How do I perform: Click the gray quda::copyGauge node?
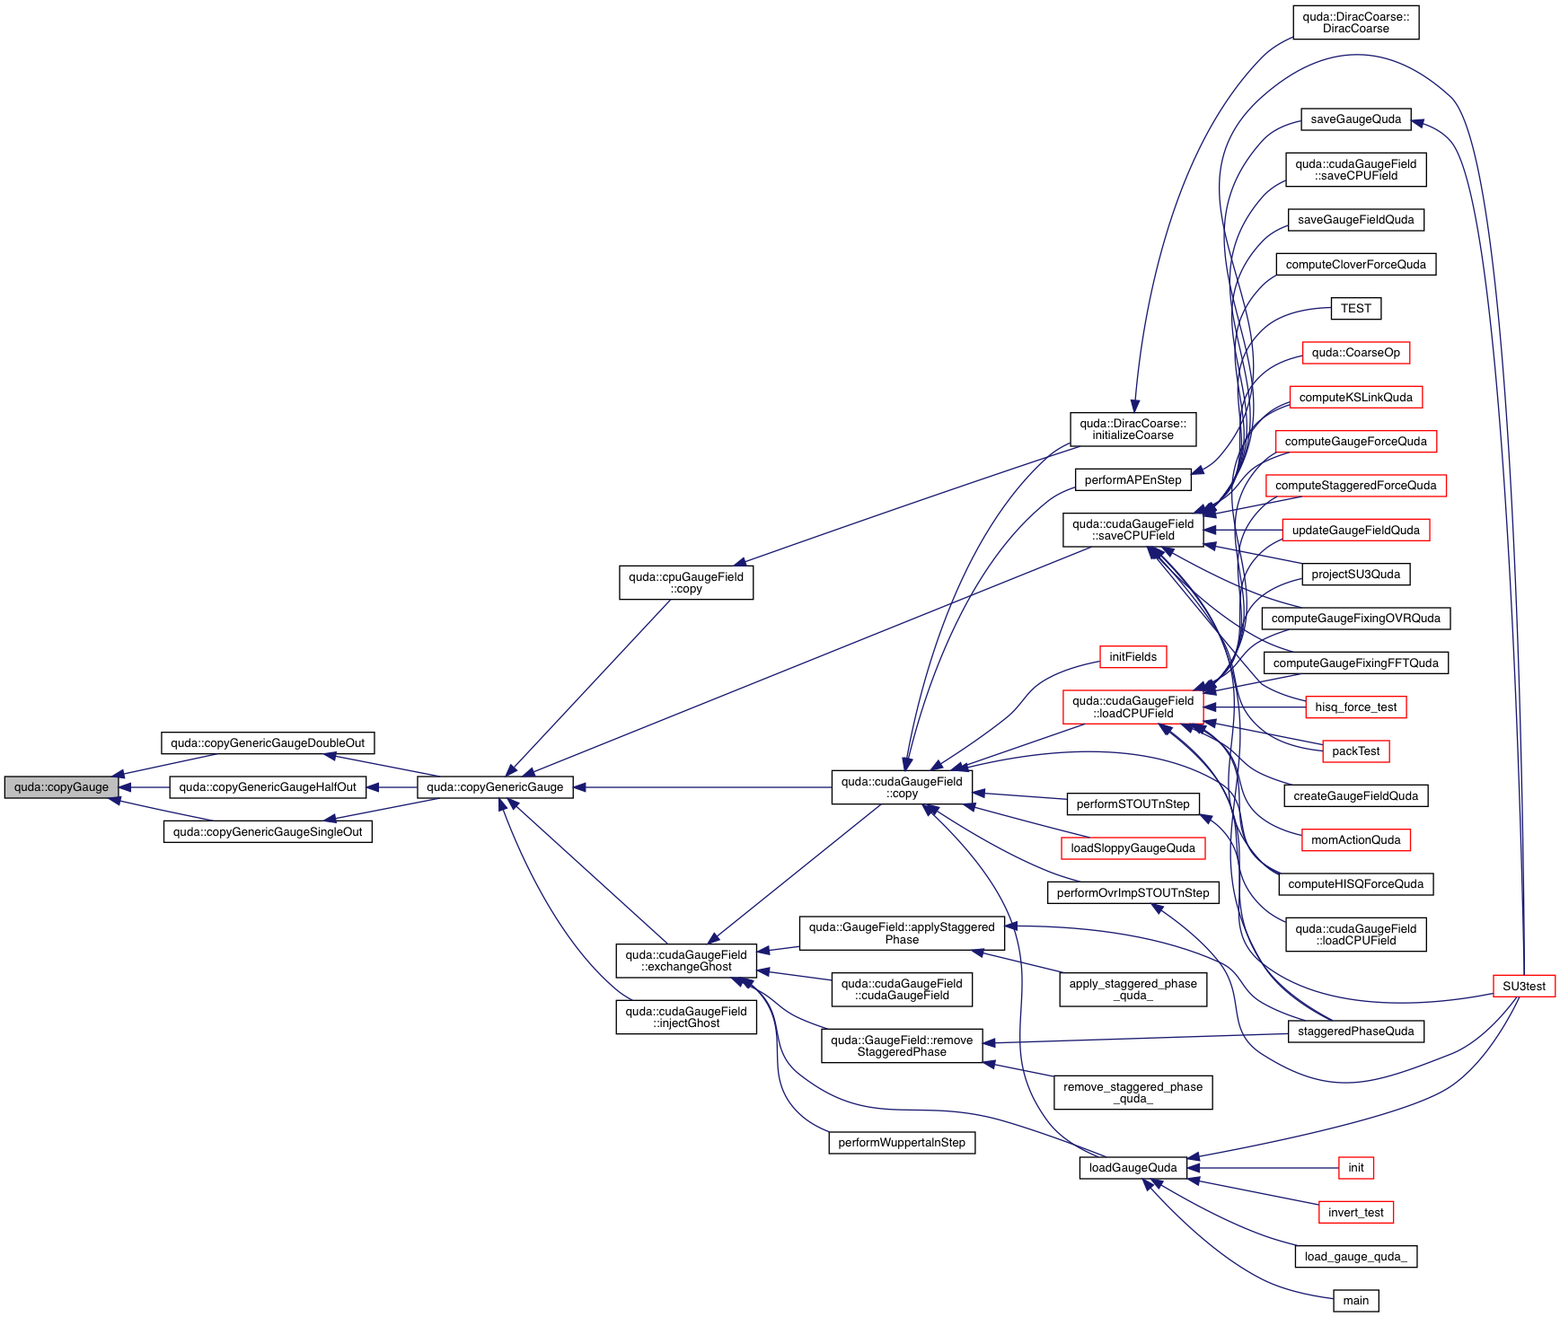[61, 787]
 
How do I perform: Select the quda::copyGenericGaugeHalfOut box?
[268, 787]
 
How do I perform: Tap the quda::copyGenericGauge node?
[495, 787]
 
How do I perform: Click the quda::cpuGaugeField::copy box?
[686, 583]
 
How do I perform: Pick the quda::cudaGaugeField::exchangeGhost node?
[686, 961]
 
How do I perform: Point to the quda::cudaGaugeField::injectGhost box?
[686, 1017]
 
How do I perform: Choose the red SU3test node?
[1524, 986]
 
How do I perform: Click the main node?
[1355, 1300]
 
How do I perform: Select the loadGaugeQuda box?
[1133, 1167]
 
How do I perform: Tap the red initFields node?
[1133, 656]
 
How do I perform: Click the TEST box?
[1355, 308]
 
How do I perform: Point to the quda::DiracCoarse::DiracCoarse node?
[1355, 22]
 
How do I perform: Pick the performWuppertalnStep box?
[901, 1142]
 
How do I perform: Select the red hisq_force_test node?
[1355, 707]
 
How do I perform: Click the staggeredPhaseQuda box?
[1355, 1031]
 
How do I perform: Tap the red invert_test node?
[1355, 1212]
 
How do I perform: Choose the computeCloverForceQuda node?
[1355, 264]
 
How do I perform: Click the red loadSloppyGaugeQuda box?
[1133, 847]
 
